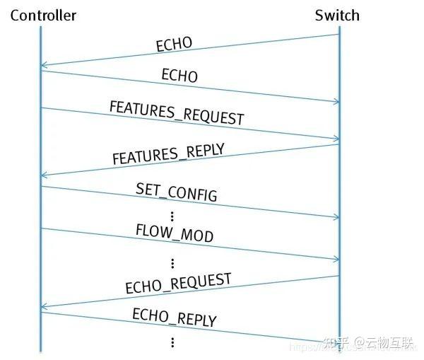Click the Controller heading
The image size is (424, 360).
[43, 15]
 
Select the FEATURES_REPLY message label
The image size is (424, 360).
[169, 153]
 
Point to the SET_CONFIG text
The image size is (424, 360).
[176, 192]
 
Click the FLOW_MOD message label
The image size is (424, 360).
[174, 233]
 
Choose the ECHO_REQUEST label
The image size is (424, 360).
[178, 283]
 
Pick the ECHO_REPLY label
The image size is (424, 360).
[174, 316]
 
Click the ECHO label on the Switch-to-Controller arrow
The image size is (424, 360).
[174, 44]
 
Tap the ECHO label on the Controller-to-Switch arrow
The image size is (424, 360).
[179, 75]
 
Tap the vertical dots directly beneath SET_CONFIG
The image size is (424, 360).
[172, 215]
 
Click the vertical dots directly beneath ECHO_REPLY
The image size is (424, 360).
[172, 342]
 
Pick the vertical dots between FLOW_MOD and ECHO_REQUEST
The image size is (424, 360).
[172, 262]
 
